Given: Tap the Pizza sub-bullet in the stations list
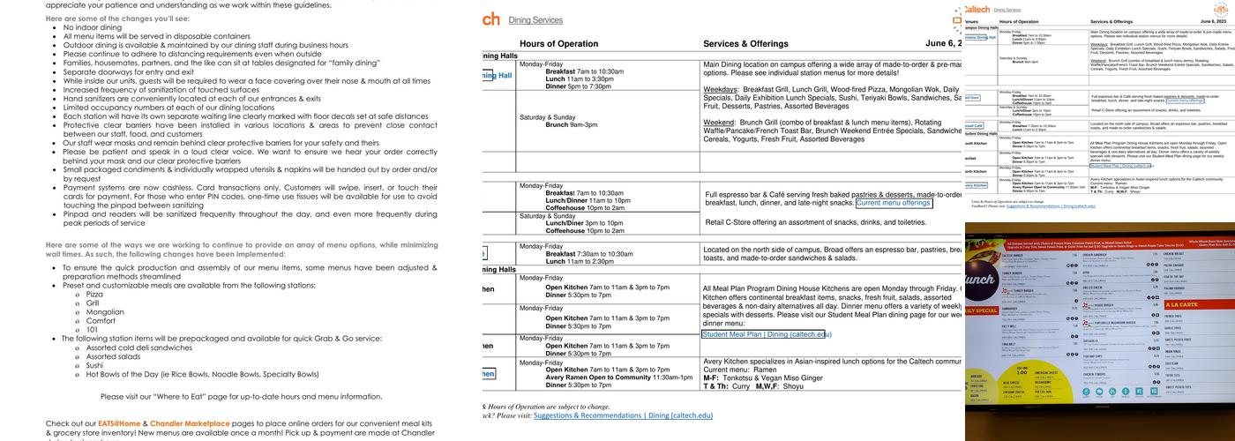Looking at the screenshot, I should coord(94,295).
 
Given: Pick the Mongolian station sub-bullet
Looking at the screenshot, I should coord(105,311).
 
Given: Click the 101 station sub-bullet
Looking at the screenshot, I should coord(92,329).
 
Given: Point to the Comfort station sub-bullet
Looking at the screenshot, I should coord(100,320).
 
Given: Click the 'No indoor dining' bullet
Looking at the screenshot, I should coord(93,27).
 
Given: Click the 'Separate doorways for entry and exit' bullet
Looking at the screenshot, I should coord(128,72).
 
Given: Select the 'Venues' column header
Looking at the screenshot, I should coord(971,20).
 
